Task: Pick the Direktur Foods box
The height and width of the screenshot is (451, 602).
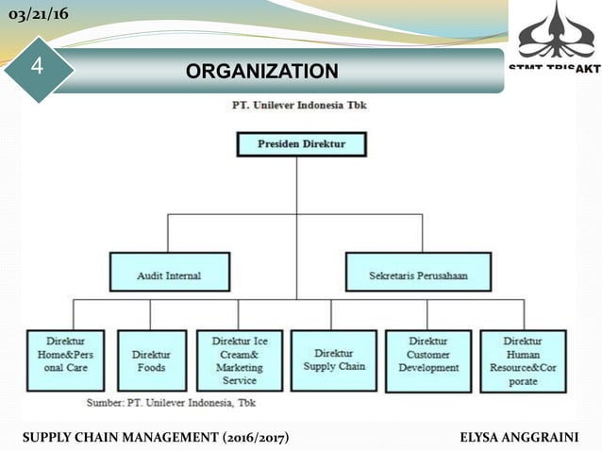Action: [x=152, y=359]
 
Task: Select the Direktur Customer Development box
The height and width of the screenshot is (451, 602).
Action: [x=428, y=359]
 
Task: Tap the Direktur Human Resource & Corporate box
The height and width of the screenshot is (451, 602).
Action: [x=523, y=359]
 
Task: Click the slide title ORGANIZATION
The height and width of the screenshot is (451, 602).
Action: [x=260, y=71]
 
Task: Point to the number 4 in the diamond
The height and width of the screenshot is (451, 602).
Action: [x=37, y=66]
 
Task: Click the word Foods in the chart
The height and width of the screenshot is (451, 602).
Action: [x=152, y=367]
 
